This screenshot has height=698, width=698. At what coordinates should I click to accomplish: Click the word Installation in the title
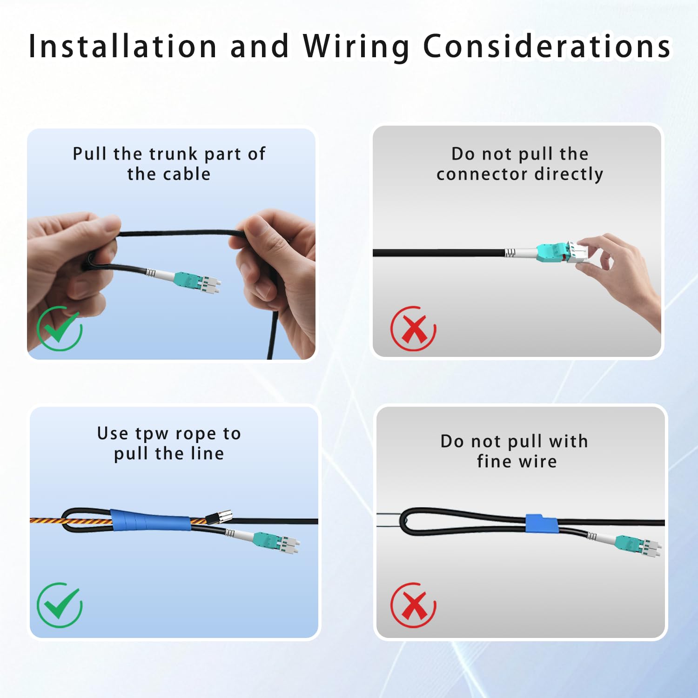click(x=123, y=46)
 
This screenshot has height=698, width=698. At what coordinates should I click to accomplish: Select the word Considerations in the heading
click(x=547, y=46)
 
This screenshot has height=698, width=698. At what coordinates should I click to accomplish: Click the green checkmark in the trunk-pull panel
click(x=60, y=328)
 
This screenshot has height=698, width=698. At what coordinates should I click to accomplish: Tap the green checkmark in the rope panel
click(x=60, y=604)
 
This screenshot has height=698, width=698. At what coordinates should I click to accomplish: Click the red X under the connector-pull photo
click(x=413, y=329)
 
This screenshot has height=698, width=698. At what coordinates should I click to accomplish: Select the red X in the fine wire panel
click(x=413, y=605)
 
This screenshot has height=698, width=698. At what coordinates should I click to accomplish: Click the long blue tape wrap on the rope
click(x=151, y=520)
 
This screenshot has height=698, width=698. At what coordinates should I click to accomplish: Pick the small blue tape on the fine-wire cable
click(x=542, y=523)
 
